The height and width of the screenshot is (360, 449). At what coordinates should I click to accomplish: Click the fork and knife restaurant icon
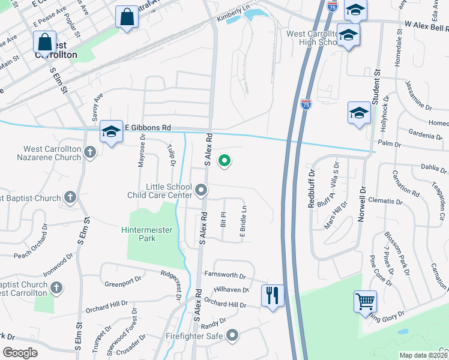pyautogui.click(x=273, y=295)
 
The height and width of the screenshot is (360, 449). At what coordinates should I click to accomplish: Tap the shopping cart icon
pyautogui.click(x=366, y=301)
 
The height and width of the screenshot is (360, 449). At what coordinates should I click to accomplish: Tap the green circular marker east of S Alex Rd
pyautogui.click(x=224, y=161)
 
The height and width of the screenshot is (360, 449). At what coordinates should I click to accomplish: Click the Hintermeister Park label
pyautogui.click(x=138, y=234)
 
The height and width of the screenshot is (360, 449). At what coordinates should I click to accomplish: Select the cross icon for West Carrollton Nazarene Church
pyautogui.click(x=90, y=152)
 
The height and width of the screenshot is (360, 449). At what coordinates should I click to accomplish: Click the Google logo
pyautogui.click(x=19, y=352)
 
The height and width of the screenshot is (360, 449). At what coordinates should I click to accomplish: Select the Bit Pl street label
pyautogui.click(x=223, y=219)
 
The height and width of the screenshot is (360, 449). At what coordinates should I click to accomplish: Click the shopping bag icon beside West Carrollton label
pyautogui.click(x=44, y=43)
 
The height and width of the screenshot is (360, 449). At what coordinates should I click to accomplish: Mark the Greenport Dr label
pyautogui.click(x=123, y=280)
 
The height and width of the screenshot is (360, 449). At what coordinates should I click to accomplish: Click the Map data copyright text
pyautogui.click(x=424, y=355)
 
